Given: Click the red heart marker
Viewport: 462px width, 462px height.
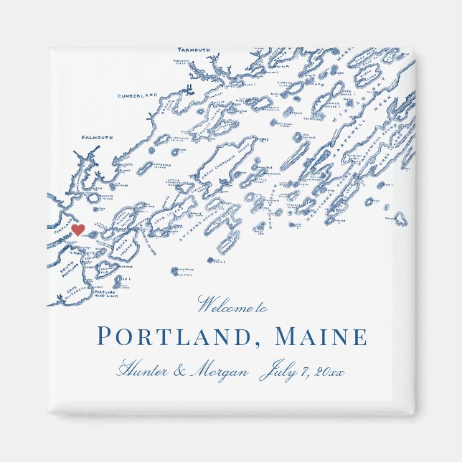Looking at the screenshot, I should click(x=78, y=230).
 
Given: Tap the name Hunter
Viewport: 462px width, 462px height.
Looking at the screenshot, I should click(x=141, y=372).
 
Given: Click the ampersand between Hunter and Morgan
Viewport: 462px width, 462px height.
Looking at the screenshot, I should click(x=179, y=372).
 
